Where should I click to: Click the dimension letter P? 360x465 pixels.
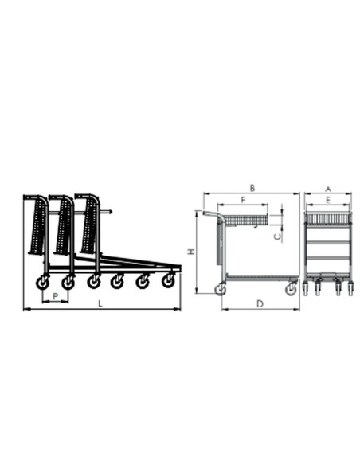pyautogui.click(x=55, y=296)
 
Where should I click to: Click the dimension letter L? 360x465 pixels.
pyautogui.click(x=100, y=303)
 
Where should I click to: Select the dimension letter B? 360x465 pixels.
pyautogui.click(x=252, y=188)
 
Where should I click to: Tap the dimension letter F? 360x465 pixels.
pyautogui.click(x=243, y=200)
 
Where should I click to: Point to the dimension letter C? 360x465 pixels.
pyautogui.click(x=277, y=236)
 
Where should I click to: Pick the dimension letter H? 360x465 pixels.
pyautogui.click(x=192, y=251)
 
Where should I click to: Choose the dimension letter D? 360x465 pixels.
pyautogui.click(x=260, y=303)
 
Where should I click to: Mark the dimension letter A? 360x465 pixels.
pyautogui.click(x=328, y=190)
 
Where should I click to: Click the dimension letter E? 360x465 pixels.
pyautogui.click(x=328, y=200)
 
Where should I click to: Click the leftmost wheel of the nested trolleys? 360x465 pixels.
pyautogui.click(x=42, y=283)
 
